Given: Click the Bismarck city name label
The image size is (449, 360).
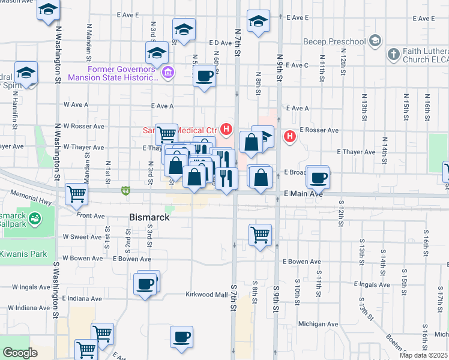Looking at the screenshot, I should click(x=149, y=217).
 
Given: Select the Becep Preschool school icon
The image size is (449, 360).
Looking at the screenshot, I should click(x=375, y=41).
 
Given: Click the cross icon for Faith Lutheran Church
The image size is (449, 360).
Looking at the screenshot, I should click(x=394, y=55).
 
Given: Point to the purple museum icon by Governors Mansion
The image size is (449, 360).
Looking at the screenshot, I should click(x=168, y=73).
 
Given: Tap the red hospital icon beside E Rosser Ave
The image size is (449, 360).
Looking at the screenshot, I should click(x=290, y=137).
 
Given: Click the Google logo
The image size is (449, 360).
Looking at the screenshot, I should click(x=20, y=353).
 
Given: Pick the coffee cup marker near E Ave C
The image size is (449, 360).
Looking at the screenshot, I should click(x=205, y=76).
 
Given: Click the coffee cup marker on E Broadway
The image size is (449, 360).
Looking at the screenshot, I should click(x=318, y=176).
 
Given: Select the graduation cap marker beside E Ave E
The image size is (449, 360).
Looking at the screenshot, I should click(x=259, y=22).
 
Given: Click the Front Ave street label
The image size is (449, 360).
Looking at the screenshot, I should click(x=91, y=215).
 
